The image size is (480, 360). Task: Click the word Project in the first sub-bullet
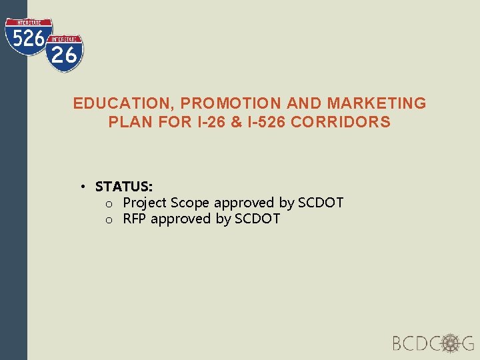click(x=145, y=203)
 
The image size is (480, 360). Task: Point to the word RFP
click(x=135, y=219)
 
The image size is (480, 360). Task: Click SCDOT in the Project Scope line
click(x=321, y=203)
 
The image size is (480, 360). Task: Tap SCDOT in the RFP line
click(x=257, y=219)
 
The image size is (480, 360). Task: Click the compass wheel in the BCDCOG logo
click(x=451, y=343)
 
